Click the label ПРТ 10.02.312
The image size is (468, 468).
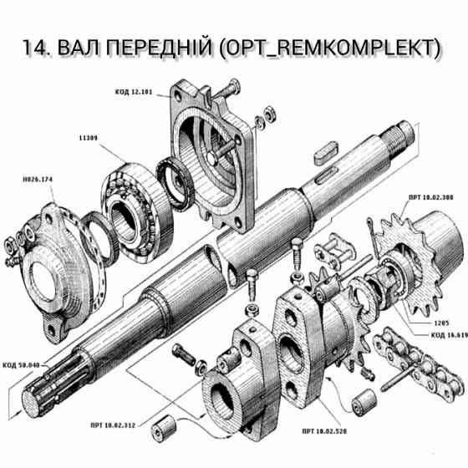(x=115, y=425)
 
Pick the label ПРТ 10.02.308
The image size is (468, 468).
(x=430, y=196)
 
